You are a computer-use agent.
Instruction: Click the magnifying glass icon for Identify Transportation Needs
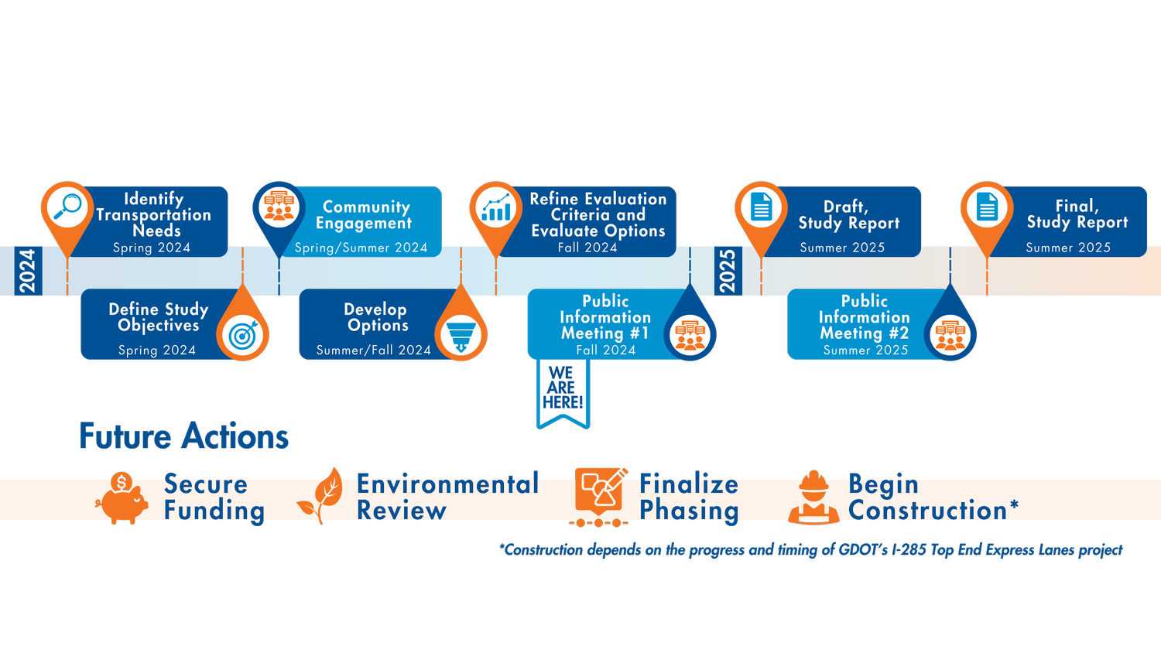(67, 207)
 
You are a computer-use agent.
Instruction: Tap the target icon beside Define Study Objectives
(242, 335)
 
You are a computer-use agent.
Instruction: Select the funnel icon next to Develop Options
(461, 335)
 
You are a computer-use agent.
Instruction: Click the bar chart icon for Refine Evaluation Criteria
(496, 208)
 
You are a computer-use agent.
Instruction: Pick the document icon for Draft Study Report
(762, 207)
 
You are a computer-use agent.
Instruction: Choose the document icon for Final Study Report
(987, 207)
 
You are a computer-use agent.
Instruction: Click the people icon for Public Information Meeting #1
(690, 335)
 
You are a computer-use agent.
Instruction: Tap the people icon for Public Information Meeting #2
(950, 335)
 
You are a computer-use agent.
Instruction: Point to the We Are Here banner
(563, 391)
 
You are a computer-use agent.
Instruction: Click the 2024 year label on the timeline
(27, 271)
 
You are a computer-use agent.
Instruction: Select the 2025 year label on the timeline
(728, 271)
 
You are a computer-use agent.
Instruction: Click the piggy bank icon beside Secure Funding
(122, 498)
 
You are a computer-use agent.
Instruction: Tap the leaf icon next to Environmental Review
(321, 495)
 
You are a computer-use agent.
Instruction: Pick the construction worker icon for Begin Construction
(813, 497)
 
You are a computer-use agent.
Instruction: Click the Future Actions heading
(183, 436)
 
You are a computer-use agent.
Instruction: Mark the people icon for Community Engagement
(279, 207)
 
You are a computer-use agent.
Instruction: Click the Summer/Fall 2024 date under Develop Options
(373, 350)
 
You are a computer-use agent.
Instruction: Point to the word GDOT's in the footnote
(862, 550)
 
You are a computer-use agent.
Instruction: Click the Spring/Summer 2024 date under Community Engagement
(361, 248)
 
